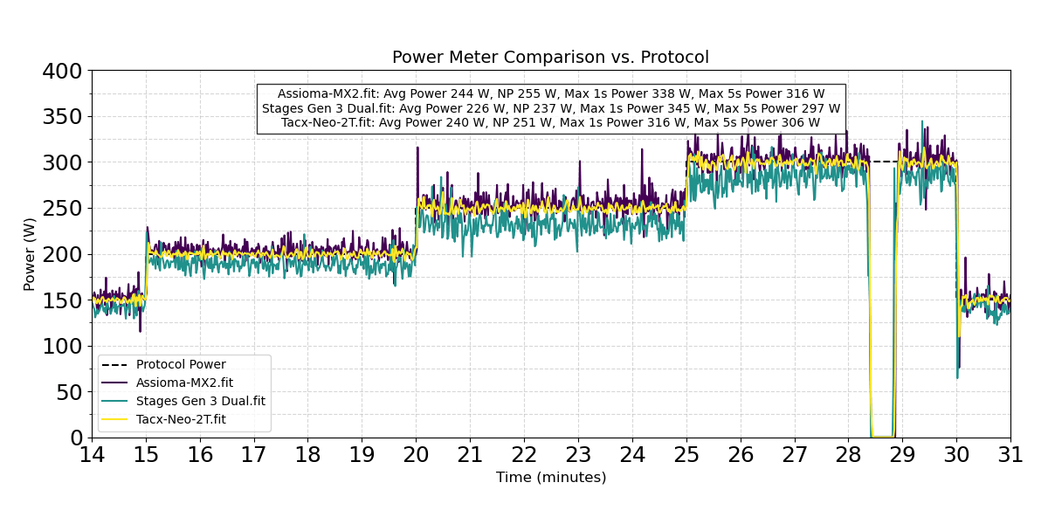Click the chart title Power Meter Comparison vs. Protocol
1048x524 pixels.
pos(550,58)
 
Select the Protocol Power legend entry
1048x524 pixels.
pos(181,365)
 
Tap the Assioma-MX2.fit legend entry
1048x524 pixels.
pos(184,383)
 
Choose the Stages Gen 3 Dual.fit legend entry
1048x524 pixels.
pos(200,401)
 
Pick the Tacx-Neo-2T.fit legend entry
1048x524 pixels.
pos(181,419)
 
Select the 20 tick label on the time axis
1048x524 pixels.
pos(416,455)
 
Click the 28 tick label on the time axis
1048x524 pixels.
pos(848,455)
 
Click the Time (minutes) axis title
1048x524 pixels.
pos(550,478)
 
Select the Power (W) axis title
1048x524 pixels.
pos(30,254)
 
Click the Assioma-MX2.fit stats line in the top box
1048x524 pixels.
pos(550,94)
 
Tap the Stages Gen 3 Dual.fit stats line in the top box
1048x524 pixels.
pos(550,108)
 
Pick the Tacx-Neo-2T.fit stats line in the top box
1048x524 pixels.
pos(550,122)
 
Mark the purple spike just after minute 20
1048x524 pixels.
pos(417,148)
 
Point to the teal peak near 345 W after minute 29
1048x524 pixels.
pos(921,122)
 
